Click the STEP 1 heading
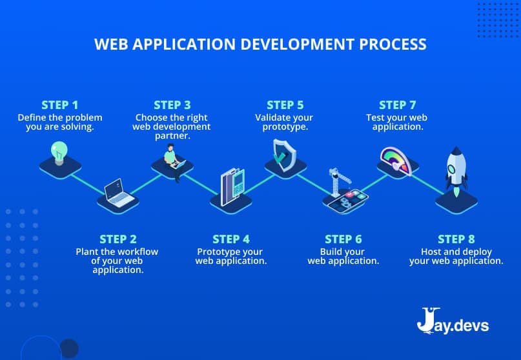tap(59, 105)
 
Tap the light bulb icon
tap(59, 153)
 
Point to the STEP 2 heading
tap(117, 239)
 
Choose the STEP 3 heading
tap(172, 105)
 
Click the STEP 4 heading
tap(230, 239)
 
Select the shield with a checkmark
tap(284, 154)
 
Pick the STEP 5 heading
tap(285, 105)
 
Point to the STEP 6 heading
tap(343, 239)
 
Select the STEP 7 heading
tap(397, 105)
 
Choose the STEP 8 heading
tap(456, 239)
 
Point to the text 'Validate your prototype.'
tap(284, 123)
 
